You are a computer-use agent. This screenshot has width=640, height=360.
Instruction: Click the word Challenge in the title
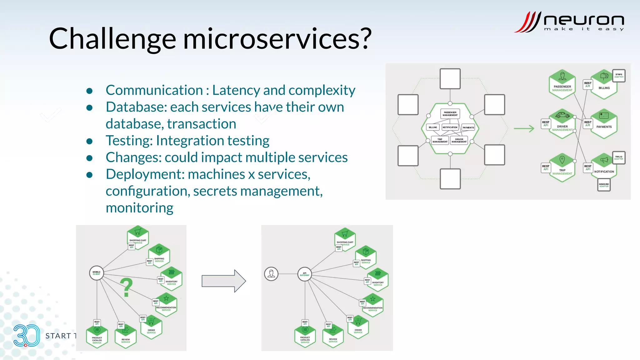112,39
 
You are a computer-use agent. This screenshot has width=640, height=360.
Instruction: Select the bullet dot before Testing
89,141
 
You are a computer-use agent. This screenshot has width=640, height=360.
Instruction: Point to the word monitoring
139,208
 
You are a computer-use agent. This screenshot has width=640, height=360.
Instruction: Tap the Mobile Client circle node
97,273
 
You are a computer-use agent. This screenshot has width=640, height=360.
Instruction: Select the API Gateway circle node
304,274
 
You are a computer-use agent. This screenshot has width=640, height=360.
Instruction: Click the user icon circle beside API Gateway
271,274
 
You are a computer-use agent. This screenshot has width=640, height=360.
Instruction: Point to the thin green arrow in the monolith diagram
524,128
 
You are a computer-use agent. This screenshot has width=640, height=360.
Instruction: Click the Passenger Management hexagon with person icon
562,84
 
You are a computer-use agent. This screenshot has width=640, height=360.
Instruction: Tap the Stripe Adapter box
619,76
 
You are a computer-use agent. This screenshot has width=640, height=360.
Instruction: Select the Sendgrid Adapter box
604,185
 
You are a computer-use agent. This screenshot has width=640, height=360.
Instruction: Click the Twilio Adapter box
619,158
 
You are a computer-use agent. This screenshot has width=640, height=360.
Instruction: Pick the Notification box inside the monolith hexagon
450,127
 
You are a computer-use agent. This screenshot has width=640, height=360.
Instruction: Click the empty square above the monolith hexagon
450,79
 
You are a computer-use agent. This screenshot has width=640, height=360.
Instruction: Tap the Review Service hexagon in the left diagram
126,337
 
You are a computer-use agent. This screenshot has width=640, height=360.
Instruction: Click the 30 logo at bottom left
27,336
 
